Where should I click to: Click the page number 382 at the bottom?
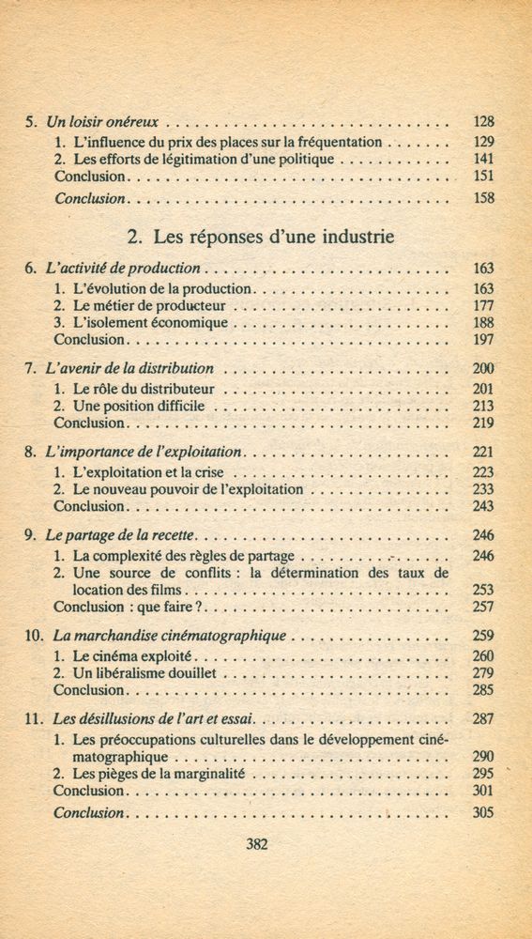coord(256,843)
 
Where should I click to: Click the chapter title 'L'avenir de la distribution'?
coord(129,368)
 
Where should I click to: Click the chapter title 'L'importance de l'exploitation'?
coord(144,452)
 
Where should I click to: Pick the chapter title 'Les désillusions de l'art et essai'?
coord(152,719)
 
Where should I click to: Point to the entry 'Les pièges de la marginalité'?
coord(158,774)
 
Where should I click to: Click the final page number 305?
coord(483,812)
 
